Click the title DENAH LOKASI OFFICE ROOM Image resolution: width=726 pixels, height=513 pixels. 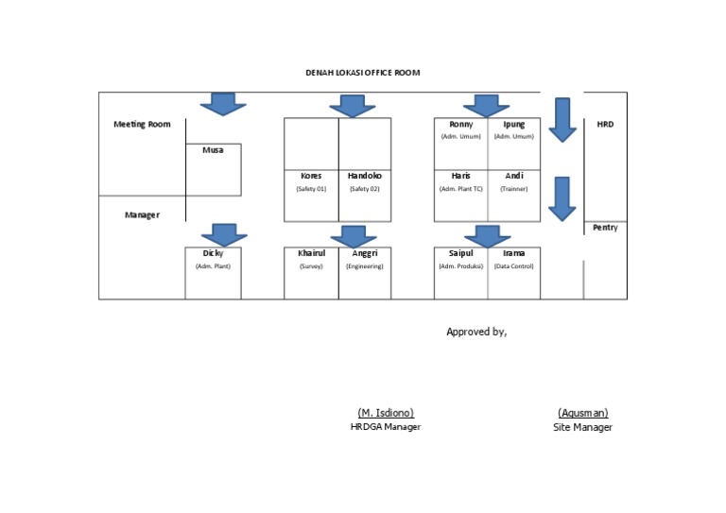tap(362, 73)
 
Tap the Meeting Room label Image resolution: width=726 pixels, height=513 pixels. tap(142, 124)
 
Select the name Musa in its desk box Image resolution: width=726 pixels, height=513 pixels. tap(213, 150)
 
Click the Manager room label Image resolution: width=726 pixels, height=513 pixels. tap(142, 215)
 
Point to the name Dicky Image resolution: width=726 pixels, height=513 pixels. tap(213, 253)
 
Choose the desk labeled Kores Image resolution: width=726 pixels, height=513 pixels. tap(311, 176)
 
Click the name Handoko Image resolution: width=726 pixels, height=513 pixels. tap(364, 176)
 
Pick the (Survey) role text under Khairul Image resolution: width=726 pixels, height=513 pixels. tap(311, 266)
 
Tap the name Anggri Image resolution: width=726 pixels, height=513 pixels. tap(365, 253)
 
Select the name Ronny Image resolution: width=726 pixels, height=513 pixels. tap(461, 124)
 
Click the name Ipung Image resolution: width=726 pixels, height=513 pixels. tap(514, 124)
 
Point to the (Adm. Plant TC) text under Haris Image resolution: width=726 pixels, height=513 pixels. tap(461, 189)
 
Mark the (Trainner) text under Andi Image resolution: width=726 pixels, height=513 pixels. tap(514, 189)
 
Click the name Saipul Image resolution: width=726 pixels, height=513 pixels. tap(461, 253)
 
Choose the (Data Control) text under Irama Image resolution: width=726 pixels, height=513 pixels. tap(514, 266)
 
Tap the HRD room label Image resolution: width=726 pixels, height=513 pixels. tap(605, 124)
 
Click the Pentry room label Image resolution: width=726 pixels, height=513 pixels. tap(605, 228)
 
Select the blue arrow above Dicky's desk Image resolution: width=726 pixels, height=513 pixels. tap(224, 234)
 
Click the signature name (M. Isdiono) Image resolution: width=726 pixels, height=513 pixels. tap(386, 413)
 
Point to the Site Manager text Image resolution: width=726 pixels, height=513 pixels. tap(582, 427)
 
